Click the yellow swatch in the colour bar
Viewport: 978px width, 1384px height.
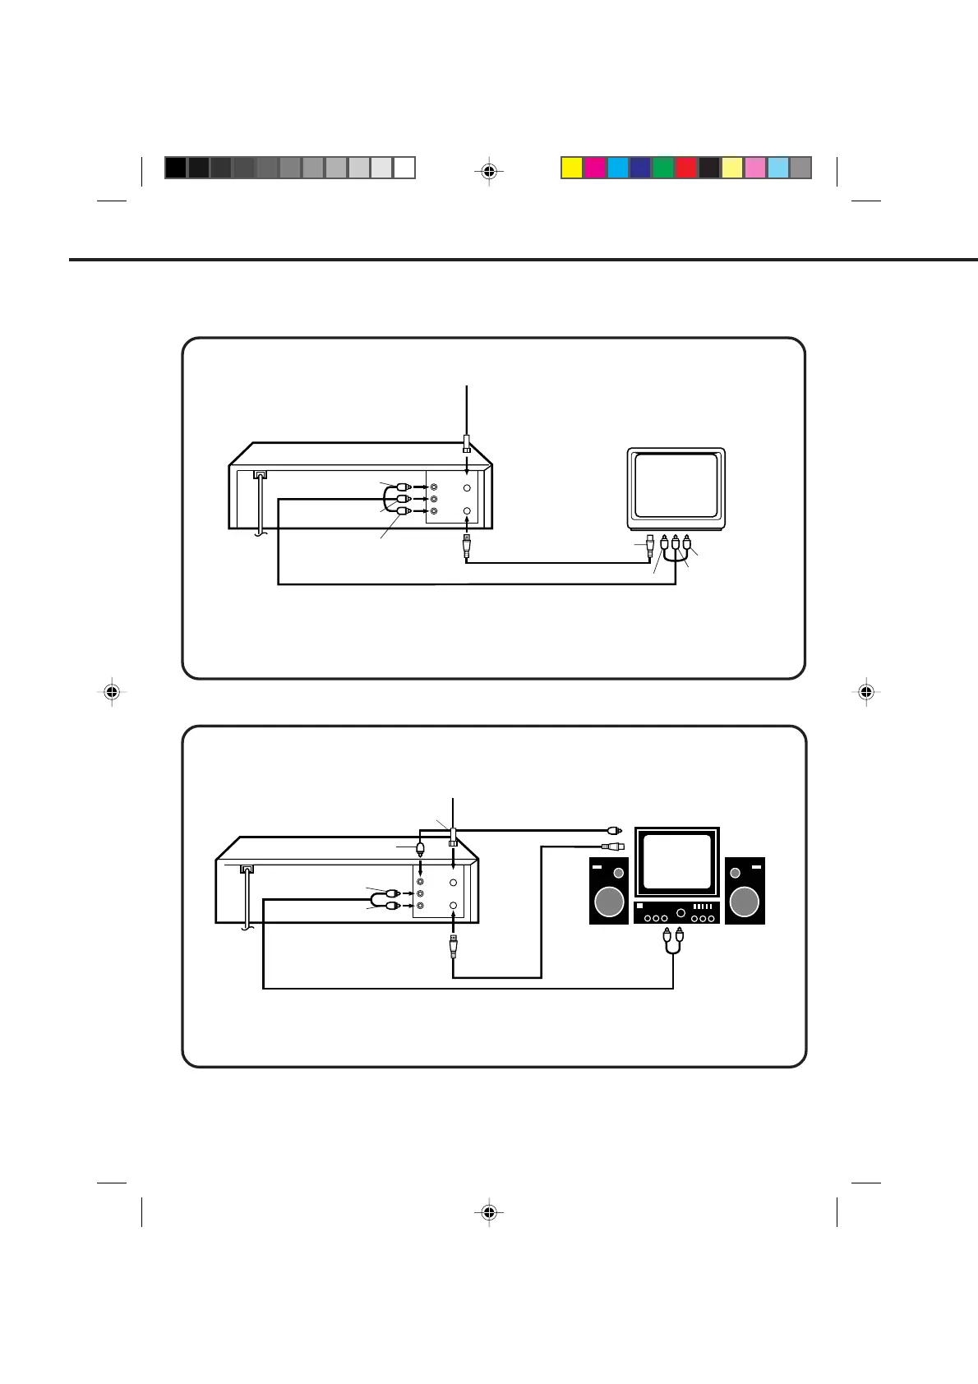coord(572,168)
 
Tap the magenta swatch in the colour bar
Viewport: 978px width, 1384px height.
coord(595,168)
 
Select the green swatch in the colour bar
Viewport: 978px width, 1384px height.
coord(663,168)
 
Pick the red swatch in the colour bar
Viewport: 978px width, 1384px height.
coord(686,168)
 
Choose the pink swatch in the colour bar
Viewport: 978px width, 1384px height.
coord(755,168)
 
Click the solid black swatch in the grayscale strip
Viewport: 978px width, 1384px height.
coord(175,168)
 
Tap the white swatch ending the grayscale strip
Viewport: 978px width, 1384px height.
coord(404,168)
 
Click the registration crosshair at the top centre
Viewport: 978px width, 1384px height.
coord(489,171)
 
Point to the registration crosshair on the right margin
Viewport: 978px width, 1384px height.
coord(865,693)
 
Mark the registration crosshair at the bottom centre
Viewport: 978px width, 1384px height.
coord(489,1212)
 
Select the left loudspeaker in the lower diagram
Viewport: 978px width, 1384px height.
coord(609,890)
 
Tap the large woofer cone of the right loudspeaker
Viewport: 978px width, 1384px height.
coord(745,902)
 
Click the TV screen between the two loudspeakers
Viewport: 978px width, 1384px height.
coord(677,861)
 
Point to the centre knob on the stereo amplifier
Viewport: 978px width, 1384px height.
coord(680,914)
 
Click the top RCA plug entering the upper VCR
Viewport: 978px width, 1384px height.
coord(403,487)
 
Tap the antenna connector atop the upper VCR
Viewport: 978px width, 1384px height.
coord(467,444)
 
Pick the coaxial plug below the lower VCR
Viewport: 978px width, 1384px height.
coord(453,946)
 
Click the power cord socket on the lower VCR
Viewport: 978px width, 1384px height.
coord(246,869)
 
